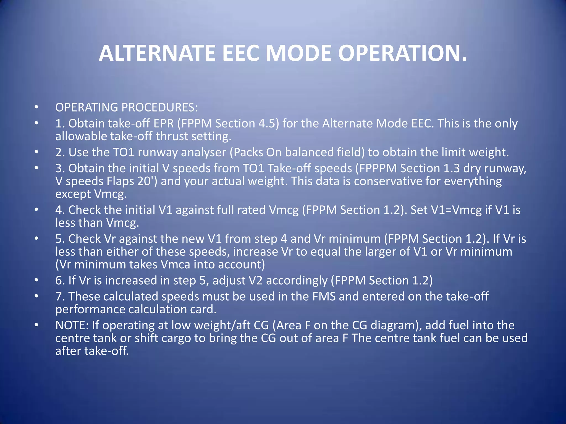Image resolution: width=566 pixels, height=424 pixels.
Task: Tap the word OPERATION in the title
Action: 402,53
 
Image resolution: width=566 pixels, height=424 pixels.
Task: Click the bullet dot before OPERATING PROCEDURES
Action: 36,107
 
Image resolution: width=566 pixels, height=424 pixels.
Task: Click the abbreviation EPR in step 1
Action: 164,123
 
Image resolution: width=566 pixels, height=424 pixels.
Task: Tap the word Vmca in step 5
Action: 175,265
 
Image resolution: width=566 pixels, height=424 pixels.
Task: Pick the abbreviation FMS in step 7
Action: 324,296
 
